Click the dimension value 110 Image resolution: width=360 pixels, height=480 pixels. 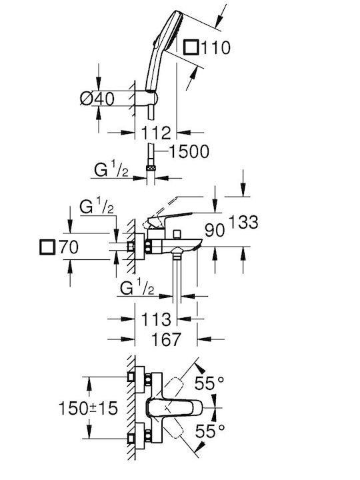coord(216,48)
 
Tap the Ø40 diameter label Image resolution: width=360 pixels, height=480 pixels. coord(97,99)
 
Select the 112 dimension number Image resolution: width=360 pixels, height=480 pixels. coord(156,133)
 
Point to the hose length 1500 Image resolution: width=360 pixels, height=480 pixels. coord(189,151)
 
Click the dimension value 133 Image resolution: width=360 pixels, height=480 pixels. coord(244,222)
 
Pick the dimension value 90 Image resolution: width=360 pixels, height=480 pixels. coord(215,230)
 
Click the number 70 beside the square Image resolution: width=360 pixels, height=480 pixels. coord(69,247)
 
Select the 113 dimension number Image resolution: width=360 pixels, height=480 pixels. coord(156,319)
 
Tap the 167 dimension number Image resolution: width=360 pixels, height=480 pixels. coord(167,339)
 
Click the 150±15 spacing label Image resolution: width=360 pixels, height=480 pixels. coord(88,408)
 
